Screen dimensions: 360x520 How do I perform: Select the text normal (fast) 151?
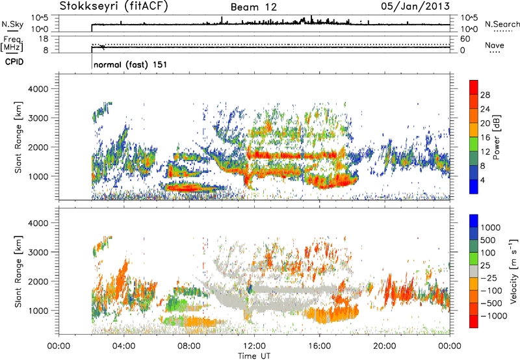coord(128,66)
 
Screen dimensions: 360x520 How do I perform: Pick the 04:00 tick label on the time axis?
coord(123,345)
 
